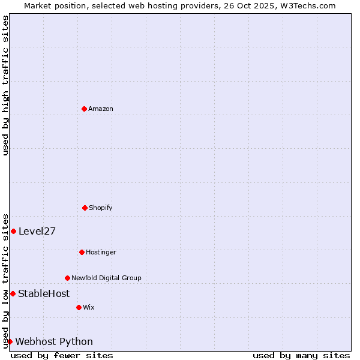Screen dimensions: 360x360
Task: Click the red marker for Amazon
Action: tap(84, 109)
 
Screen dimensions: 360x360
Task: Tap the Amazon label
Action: tap(101, 109)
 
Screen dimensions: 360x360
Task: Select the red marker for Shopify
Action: tap(85, 208)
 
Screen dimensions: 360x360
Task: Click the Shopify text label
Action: tap(101, 208)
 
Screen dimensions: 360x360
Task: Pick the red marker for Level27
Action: tap(13, 231)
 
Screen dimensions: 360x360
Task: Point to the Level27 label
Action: tap(37, 231)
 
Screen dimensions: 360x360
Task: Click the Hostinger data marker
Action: tap(82, 252)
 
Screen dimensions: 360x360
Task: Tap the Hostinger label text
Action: tap(101, 252)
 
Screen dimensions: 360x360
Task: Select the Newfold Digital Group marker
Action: tap(67, 278)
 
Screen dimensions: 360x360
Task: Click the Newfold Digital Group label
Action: tap(106, 278)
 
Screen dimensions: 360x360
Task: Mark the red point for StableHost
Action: tap(13, 293)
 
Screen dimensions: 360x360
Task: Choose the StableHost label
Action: tap(44, 293)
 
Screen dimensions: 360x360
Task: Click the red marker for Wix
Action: tap(79, 307)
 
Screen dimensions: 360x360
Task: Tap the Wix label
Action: tap(89, 307)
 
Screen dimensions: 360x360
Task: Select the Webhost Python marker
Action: tap(10, 341)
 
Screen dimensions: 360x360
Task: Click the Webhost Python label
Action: tap(54, 341)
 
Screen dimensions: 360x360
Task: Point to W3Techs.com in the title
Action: tap(310, 5)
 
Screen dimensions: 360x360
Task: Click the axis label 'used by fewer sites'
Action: tap(62, 355)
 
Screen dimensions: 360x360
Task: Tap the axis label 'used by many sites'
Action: tap(301, 355)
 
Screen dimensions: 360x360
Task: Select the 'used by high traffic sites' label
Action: tap(5, 85)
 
